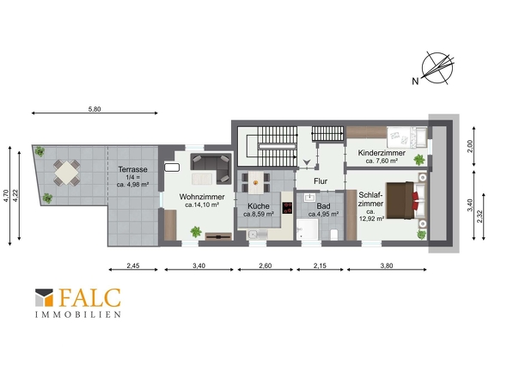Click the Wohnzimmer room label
pyautogui.click(x=202, y=197)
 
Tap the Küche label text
pyautogui.click(x=259, y=206)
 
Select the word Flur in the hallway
pyautogui.click(x=321, y=181)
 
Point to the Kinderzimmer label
pyautogui.click(x=382, y=153)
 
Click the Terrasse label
pyautogui.click(x=132, y=169)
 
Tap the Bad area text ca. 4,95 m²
pyautogui.click(x=323, y=214)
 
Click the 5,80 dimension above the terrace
pyautogui.click(x=95, y=109)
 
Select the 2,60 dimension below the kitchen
pyautogui.click(x=266, y=265)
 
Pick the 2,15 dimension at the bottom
pyautogui.click(x=320, y=265)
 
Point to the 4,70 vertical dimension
pyautogui.click(x=6, y=196)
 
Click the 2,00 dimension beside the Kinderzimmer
pyautogui.click(x=470, y=146)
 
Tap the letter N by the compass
pyautogui.click(x=415, y=81)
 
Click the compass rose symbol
pyautogui.click(x=437, y=68)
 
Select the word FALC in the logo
pyautogui.click(x=90, y=298)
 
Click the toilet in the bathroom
pyautogui.click(x=334, y=235)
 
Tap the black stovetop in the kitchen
pyautogui.click(x=287, y=208)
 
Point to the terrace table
pyautogui.click(x=67, y=173)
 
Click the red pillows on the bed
pyautogui.click(x=415, y=201)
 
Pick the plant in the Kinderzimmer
pyautogui.click(x=419, y=160)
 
